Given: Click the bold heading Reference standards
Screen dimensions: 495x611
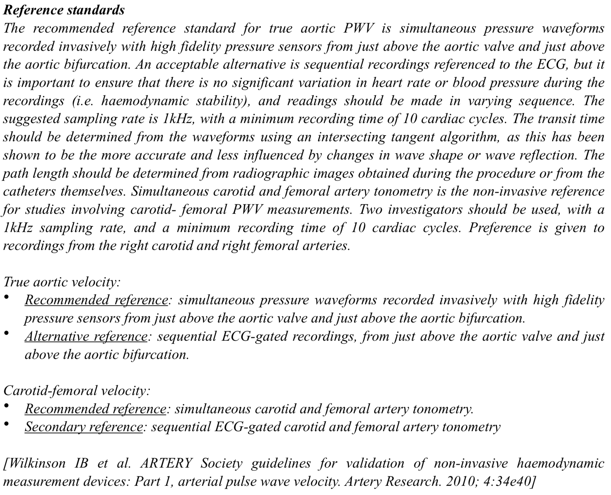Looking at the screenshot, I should (x=64, y=10).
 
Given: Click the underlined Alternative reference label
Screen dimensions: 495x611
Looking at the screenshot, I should (x=86, y=337).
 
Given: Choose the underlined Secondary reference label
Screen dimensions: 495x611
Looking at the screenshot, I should (x=84, y=427).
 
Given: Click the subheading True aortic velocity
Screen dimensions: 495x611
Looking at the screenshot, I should (x=62, y=282).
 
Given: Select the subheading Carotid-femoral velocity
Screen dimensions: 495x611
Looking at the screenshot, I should (x=77, y=391).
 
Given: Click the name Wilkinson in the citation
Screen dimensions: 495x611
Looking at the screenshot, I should (x=35, y=464).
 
